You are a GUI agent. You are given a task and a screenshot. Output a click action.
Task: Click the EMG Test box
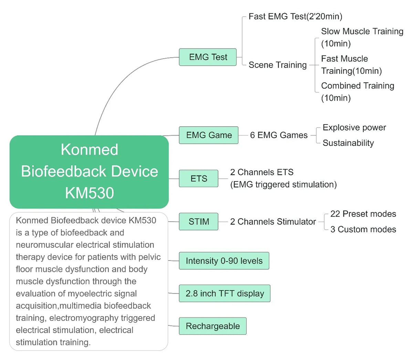point(208,57)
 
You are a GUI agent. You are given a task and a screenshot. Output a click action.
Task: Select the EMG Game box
point(209,135)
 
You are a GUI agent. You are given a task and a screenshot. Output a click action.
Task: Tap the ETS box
point(199,179)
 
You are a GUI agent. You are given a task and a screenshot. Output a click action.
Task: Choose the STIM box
point(199,222)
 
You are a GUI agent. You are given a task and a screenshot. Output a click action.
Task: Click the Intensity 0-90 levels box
point(224,261)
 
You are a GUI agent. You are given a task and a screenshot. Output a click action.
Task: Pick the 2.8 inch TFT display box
point(224,294)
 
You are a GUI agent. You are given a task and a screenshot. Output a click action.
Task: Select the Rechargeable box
point(212,326)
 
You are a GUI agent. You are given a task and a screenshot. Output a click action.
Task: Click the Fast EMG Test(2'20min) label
point(295,17)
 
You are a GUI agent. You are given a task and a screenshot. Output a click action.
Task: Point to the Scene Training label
point(278,65)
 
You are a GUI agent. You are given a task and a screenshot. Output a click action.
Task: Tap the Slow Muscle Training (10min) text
point(362,38)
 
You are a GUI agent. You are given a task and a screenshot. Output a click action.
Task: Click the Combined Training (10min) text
point(357,92)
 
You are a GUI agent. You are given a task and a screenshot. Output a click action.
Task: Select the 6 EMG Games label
point(279,135)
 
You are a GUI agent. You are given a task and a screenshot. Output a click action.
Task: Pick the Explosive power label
point(354,128)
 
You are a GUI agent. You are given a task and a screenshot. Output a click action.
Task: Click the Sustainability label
point(348,143)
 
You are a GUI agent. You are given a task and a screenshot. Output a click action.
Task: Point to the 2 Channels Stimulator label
point(273,222)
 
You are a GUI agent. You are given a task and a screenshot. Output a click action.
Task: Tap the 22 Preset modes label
point(363,214)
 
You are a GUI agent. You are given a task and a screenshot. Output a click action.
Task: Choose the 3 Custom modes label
point(363,230)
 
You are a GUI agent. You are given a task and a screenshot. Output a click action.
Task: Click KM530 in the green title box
point(89,193)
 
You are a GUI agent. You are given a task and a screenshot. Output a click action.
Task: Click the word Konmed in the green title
point(89,150)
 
